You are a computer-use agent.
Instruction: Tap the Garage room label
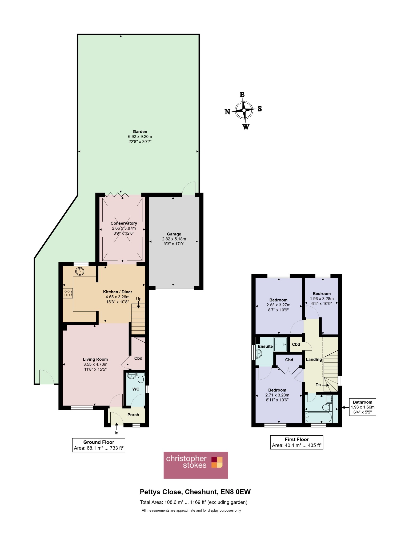point(174,234)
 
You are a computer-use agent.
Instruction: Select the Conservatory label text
point(124,223)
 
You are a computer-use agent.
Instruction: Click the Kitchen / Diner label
point(118,292)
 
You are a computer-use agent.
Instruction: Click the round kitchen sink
point(80,271)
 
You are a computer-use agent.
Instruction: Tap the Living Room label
point(95,359)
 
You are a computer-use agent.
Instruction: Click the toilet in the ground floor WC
point(141,378)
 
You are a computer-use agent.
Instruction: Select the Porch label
point(133,415)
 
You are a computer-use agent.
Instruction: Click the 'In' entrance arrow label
point(117,433)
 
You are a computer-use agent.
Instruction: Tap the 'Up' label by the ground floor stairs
point(139,299)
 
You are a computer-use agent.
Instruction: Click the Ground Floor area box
point(99,445)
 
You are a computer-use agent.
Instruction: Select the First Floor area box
point(297,442)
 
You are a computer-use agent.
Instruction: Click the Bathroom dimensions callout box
point(363,407)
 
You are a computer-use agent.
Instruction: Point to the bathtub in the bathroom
point(319,417)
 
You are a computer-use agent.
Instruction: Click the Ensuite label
point(265,347)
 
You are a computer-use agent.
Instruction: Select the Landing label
point(314,360)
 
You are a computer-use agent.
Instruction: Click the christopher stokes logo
point(196,465)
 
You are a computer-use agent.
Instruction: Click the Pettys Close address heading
point(195,492)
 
